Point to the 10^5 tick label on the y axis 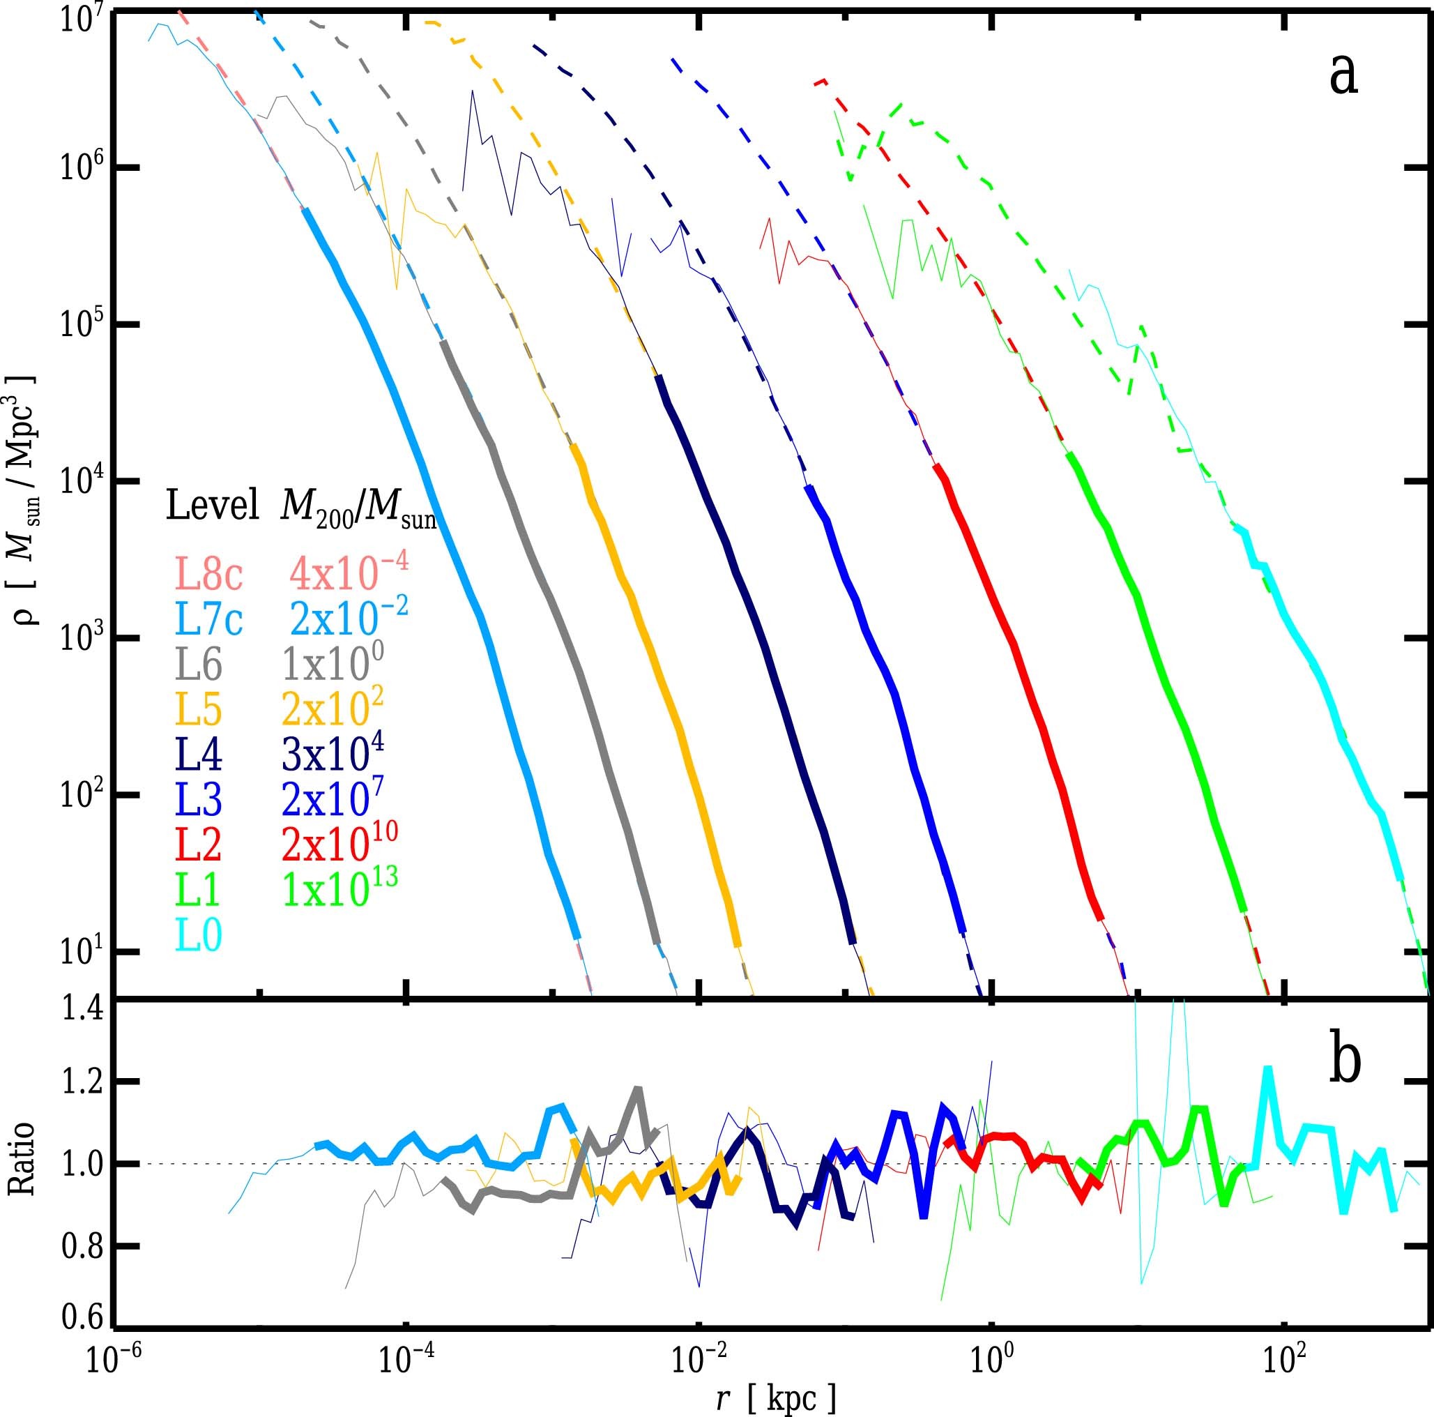coord(79,324)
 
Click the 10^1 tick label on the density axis coord(79,951)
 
